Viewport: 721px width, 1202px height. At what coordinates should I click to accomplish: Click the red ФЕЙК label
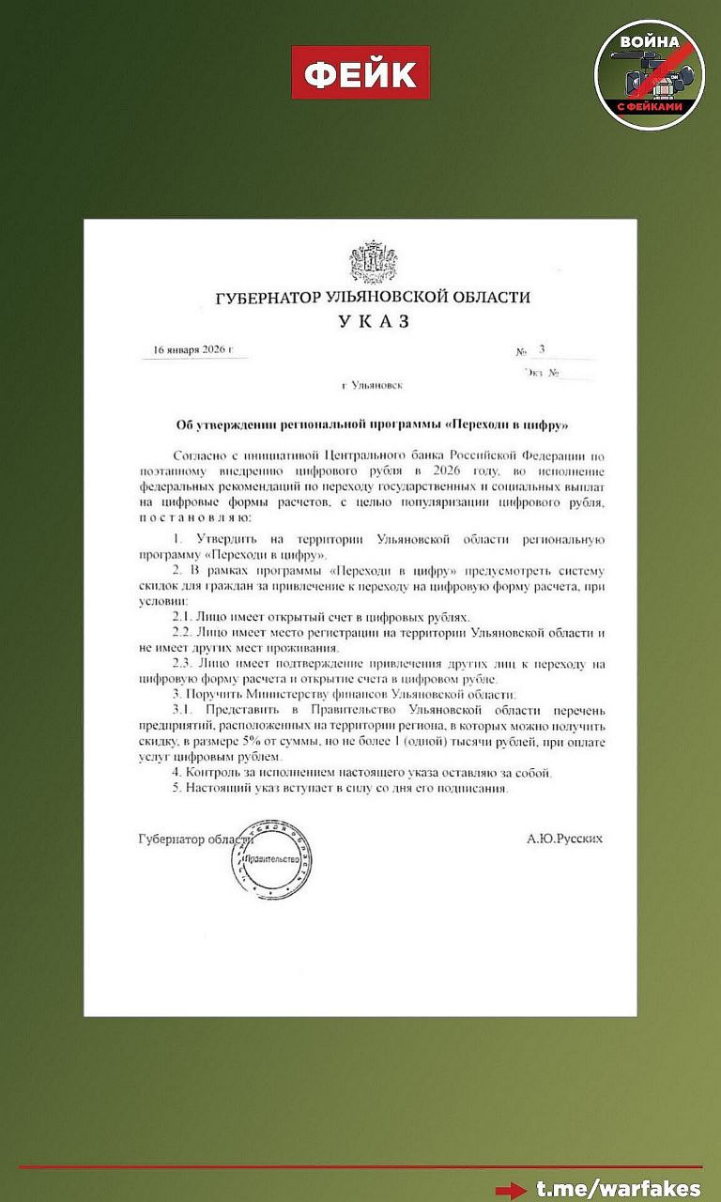(360, 73)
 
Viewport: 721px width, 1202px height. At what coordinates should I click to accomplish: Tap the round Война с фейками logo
(649, 74)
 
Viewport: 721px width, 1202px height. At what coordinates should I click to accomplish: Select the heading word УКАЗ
(374, 322)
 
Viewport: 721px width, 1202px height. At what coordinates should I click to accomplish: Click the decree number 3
(542, 349)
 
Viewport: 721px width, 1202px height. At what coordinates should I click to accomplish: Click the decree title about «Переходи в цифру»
(374, 424)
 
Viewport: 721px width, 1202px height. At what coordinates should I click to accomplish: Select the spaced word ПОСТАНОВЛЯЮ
(194, 517)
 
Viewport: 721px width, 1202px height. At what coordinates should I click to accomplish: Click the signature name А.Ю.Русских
(565, 838)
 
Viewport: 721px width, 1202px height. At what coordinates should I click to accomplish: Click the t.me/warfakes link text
(619, 1188)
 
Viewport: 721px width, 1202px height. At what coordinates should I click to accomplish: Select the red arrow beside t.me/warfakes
(512, 1190)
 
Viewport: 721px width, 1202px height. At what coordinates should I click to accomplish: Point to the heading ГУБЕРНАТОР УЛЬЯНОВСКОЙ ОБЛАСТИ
(373, 298)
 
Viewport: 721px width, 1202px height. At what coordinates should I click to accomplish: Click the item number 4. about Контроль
(176, 773)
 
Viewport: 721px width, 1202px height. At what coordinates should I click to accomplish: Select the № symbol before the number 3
(521, 352)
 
